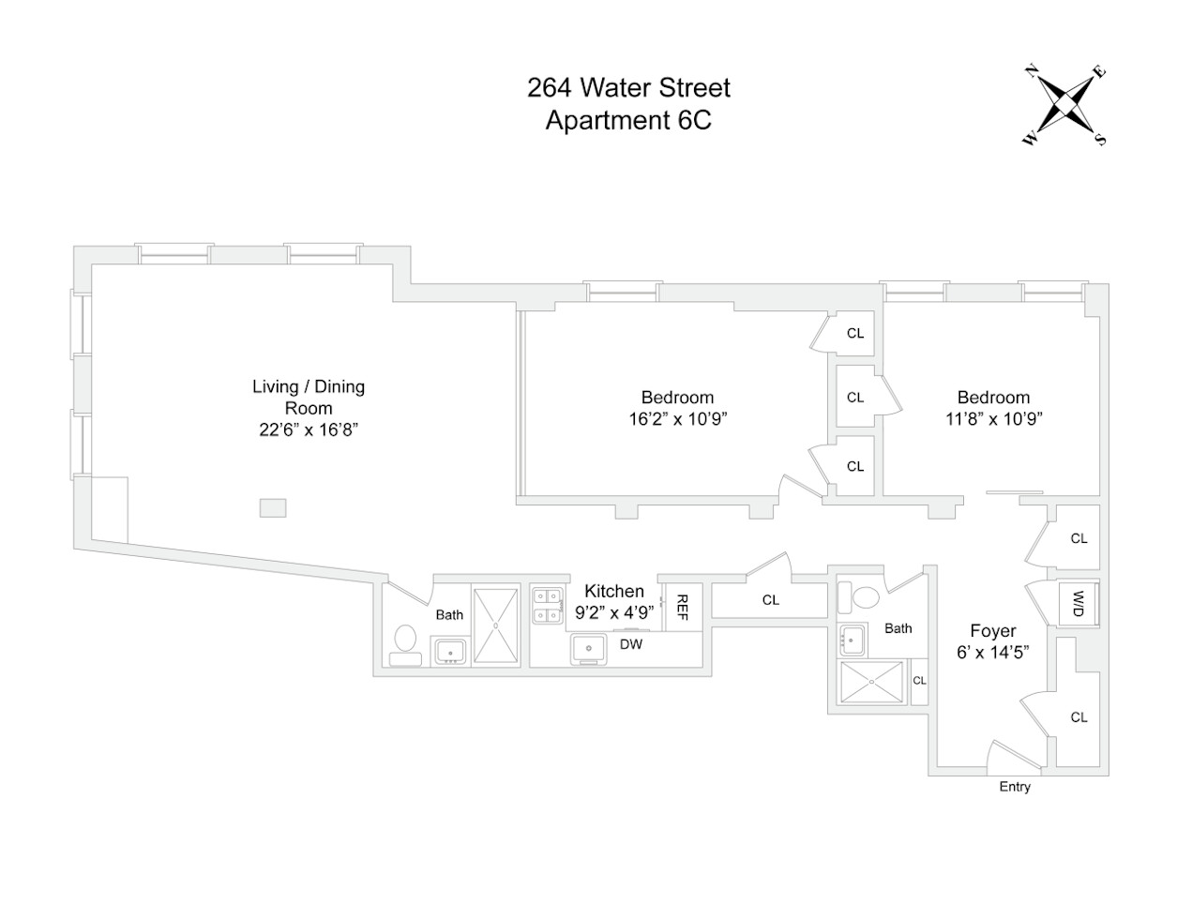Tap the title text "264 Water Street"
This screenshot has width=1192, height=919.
628,88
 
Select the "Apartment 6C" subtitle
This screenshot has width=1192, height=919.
628,121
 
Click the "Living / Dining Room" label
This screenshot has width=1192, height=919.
309,397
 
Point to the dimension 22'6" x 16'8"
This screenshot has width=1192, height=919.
309,430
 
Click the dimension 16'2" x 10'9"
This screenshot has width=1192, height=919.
677,419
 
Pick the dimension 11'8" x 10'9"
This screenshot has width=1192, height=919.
993,419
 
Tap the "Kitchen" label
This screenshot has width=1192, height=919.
614,592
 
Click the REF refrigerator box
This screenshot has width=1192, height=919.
683,608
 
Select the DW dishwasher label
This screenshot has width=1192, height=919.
631,645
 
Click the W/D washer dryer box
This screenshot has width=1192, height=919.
1077,606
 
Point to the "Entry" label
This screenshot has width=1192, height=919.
1015,787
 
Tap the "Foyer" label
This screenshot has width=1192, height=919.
993,631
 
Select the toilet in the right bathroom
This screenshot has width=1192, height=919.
858,596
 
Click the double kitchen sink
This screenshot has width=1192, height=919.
547,606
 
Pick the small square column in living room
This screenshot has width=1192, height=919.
273,507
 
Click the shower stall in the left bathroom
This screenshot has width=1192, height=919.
495,626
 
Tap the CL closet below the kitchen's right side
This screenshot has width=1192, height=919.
770,600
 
